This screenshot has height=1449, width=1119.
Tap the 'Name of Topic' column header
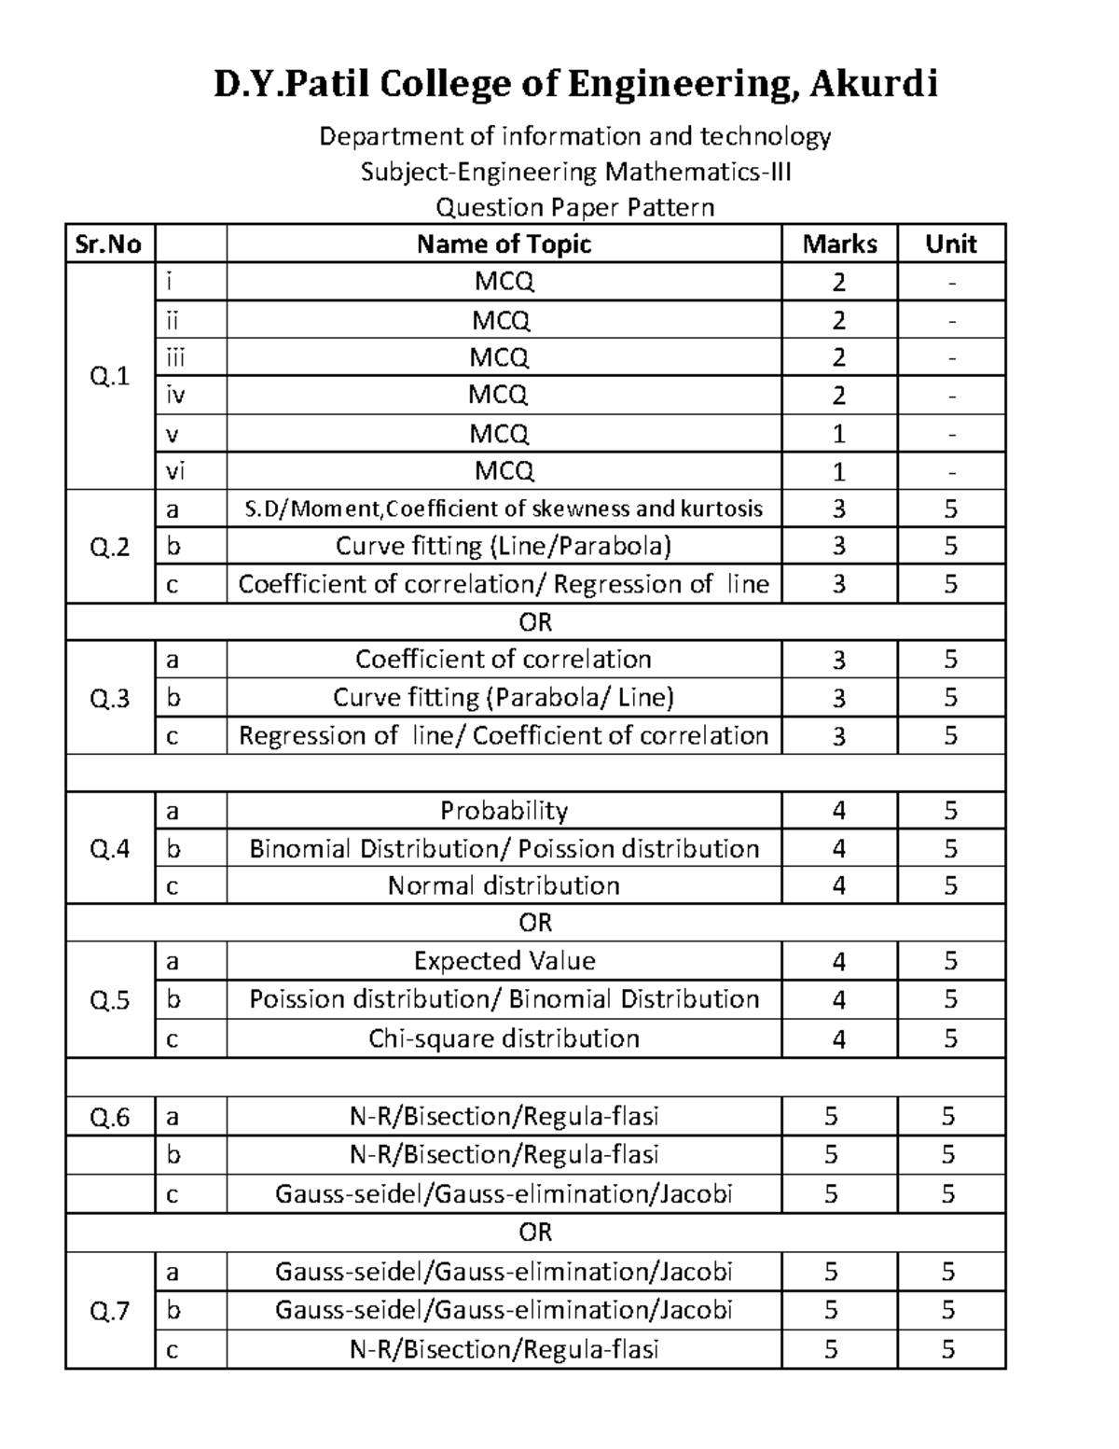[504, 244]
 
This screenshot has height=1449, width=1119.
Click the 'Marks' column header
[839, 244]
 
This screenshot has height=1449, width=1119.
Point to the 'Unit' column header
[950, 244]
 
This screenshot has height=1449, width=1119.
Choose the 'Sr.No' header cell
[109, 244]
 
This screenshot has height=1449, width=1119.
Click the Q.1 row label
[109, 376]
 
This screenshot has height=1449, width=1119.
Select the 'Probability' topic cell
[504, 811]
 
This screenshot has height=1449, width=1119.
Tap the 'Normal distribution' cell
[504, 885]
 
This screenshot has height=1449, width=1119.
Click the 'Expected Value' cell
[504, 961]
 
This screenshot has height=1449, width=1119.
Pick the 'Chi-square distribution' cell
[504, 1038]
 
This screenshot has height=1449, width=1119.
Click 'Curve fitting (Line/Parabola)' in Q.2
[504, 546]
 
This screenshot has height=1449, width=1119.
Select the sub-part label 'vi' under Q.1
[175, 471]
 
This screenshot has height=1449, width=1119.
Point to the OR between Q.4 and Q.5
[535, 923]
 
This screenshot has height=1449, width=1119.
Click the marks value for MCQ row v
[839, 434]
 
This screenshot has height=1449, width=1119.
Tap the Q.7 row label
[109, 1312]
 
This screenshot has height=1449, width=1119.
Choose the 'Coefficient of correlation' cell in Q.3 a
[504, 660]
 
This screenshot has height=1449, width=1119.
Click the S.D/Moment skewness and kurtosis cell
[504, 509]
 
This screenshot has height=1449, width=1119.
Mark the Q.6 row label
[109, 1117]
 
